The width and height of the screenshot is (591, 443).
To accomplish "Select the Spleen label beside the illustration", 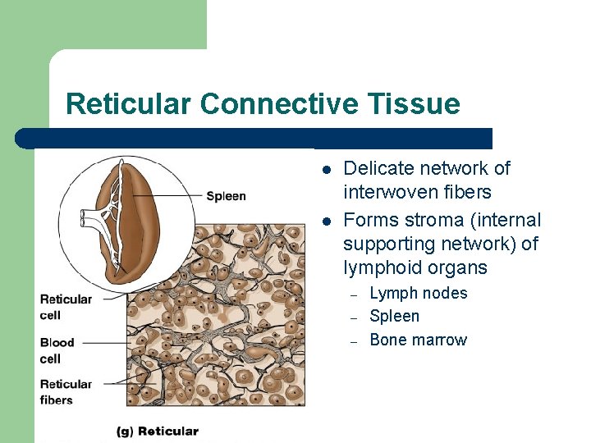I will click(226, 196).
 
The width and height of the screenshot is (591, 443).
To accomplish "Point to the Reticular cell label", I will click(66, 307).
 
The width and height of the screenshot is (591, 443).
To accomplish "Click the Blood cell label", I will click(57, 350).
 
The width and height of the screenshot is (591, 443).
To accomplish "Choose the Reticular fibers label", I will click(66, 392).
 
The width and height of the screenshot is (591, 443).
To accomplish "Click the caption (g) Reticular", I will click(158, 431).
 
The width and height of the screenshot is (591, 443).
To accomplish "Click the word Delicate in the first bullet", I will click(378, 169).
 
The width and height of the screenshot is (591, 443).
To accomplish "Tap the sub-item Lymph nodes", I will click(419, 294).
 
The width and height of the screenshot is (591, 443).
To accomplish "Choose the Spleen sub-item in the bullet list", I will click(395, 317).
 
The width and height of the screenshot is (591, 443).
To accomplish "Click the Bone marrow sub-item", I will click(419, 340).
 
